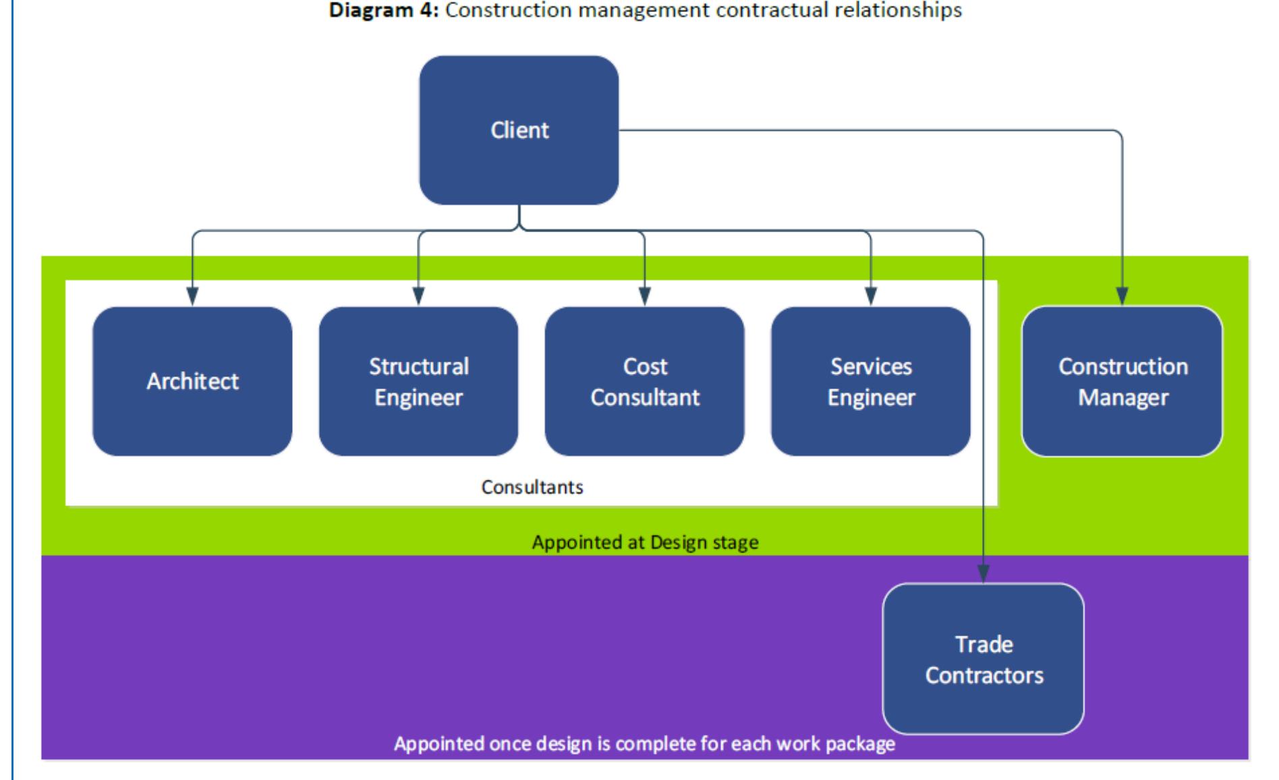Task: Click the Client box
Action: pos(519,130)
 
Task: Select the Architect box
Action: pos(192,381)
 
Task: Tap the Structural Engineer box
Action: pos(418,381)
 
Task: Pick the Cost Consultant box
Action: pos(645,381)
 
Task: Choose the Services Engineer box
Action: pos(871,381)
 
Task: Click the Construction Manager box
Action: pos(1122,381)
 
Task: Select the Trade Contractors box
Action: pos(984,659)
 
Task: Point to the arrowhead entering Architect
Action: pos(192,296)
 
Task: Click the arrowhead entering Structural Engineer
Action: pos(418,296)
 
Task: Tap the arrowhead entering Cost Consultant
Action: pos(645,296)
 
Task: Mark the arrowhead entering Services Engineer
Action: pos(871,296)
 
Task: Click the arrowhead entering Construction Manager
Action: pos(1122,296)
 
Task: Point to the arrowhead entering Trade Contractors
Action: pos(984,574)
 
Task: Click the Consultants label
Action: pos(532,487)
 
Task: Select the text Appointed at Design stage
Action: pos(645,542)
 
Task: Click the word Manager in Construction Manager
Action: pos(1123,397)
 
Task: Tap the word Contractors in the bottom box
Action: pos(984,675)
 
